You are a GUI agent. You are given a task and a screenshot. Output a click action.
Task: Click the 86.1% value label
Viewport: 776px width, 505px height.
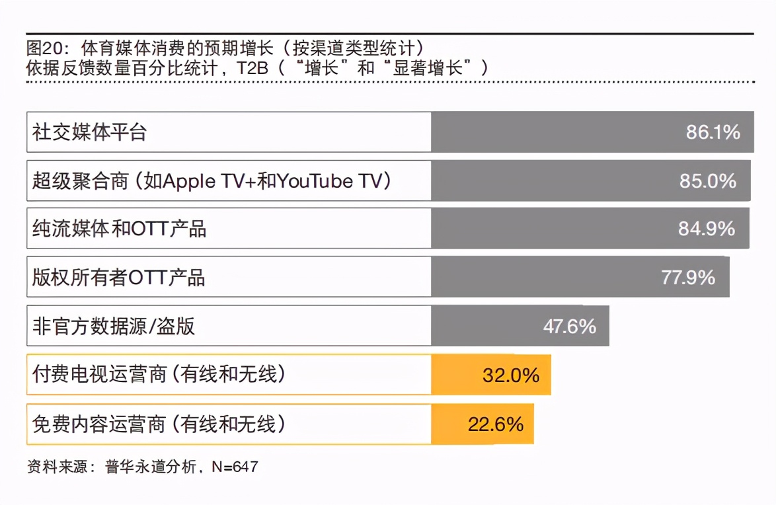713,132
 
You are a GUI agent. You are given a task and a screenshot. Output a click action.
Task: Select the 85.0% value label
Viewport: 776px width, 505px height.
708,180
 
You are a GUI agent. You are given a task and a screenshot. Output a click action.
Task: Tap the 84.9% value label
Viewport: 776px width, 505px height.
707,229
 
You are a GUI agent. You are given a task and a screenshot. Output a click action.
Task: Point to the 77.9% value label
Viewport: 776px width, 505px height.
688,277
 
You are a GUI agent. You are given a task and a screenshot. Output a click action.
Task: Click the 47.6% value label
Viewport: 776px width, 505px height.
569,326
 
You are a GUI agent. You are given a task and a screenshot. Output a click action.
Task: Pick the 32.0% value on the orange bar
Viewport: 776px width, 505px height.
511,375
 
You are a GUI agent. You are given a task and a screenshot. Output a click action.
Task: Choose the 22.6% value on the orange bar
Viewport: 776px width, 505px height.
496,424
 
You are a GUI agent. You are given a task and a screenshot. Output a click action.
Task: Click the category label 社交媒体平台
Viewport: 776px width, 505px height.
89,132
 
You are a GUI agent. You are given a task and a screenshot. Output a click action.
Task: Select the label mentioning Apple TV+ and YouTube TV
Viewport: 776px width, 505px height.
212,180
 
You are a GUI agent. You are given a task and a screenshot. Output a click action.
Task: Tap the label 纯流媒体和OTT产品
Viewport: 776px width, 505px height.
119,229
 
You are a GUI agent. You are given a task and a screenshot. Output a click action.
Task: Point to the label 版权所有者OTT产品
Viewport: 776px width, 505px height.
118,277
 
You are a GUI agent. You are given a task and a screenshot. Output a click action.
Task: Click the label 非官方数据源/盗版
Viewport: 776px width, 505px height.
113,326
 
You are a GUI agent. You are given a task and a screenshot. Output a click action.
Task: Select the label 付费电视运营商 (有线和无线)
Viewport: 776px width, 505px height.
159,375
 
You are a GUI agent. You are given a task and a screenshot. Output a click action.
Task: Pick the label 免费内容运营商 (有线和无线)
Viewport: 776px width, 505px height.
159,424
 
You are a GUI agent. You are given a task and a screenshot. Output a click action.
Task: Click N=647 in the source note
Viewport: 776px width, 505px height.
235,467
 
